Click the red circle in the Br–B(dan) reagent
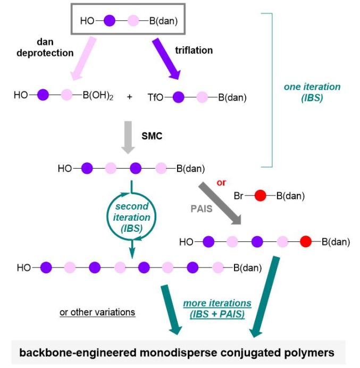(259, 196)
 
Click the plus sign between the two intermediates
(130, 97)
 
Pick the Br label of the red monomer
(240, 196)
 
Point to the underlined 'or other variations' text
(98, 311)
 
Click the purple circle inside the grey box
(109, 22)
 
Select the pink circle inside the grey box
(133, 22)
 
